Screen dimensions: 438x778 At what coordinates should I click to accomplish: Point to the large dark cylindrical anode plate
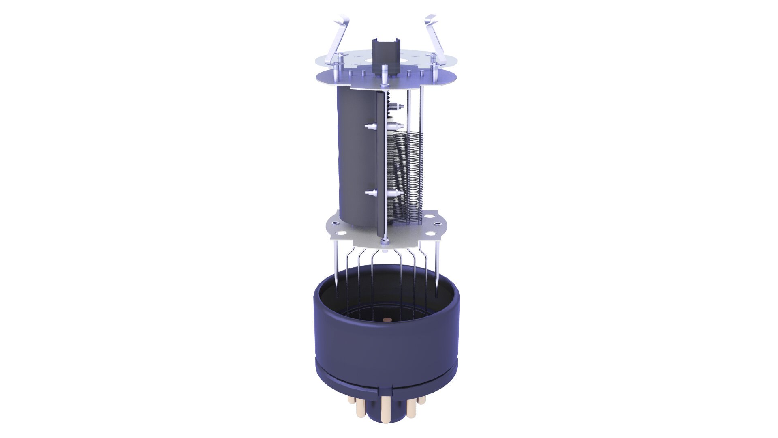point(357,158)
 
